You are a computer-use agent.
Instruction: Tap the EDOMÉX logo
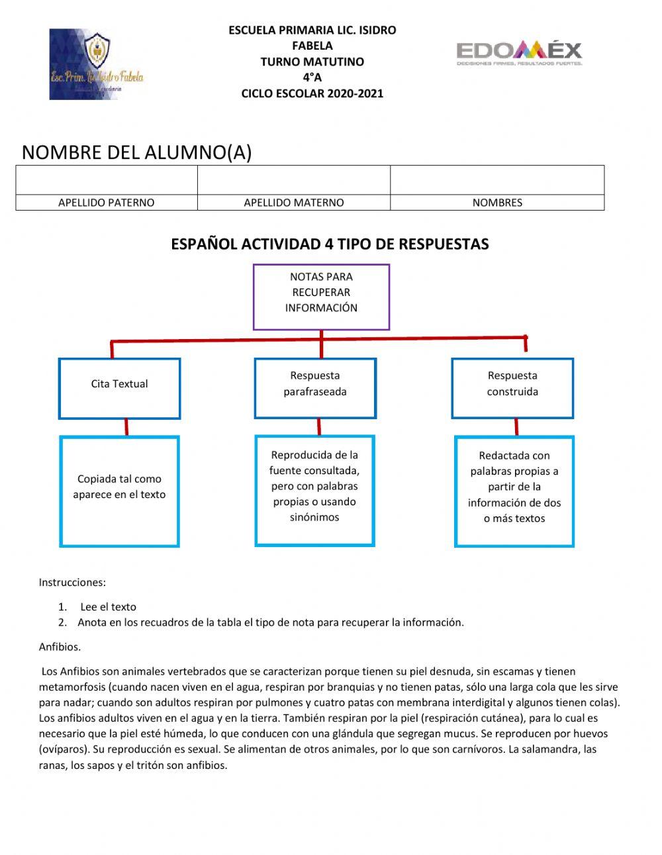coord(519,52)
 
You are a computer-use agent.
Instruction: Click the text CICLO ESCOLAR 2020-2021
coord(312,93)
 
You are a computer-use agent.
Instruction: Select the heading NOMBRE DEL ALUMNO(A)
coord(136,152)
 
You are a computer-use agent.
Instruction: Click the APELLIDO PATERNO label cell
coord(106,203)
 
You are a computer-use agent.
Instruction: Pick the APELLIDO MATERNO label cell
coord(293,203)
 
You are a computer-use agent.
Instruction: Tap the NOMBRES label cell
coord(496,203)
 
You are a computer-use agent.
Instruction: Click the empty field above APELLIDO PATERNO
coord(106,180)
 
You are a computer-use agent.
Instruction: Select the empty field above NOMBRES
coord(496,180)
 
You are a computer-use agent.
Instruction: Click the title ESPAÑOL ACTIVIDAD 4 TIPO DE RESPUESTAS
coord(330,244)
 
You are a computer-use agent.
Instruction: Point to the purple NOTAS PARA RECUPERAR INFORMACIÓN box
coord(321,296)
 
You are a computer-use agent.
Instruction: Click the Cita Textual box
coord(119,388)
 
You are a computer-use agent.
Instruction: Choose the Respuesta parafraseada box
coord(315,388)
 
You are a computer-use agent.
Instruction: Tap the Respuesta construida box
coord(512,388)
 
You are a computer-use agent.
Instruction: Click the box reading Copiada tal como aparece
coord(119,491)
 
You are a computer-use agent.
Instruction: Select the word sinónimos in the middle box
coord(314,517)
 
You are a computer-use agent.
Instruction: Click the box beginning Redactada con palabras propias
coord(514,491)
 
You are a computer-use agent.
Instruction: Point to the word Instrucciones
coord(72,583)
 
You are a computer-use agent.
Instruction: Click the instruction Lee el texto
coord(108,607)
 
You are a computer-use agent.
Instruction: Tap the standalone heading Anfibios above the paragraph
coord(60,647)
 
